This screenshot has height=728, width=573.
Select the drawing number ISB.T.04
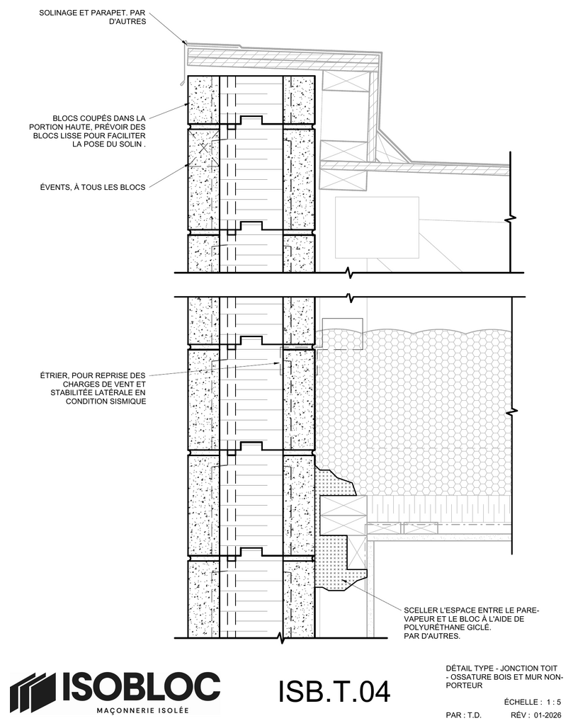coord(334,691)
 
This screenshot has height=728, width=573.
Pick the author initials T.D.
coord(474,715)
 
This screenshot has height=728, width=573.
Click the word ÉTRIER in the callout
coord(54,375)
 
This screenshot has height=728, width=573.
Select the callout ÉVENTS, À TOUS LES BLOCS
coord(93,187)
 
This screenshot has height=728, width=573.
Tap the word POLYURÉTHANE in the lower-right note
coord(430,627)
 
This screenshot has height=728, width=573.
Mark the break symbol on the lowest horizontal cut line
coord(280,638)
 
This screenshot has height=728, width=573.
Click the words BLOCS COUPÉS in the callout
coord(83,118)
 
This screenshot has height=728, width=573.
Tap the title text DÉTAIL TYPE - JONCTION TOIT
coord(501,669)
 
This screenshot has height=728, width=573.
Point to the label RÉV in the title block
coord(518,715)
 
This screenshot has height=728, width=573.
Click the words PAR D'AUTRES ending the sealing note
coord(432,636)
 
